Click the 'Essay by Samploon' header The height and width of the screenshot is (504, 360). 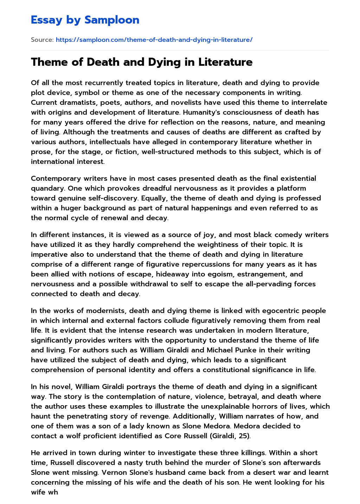(85, 20)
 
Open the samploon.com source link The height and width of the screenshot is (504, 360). (154, 40)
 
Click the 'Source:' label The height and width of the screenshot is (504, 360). (42, 40)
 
